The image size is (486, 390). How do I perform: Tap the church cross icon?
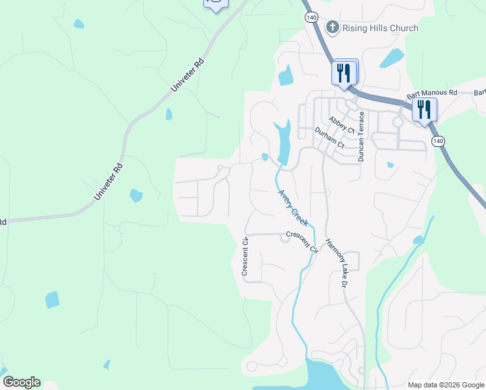(x=333, y=27)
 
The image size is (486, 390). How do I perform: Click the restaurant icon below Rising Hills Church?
(x=344, y=71)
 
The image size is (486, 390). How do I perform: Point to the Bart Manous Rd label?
(x=432, y=94)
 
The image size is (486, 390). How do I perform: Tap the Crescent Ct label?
(x=246, y=257)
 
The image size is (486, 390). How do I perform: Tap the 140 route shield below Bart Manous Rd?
(x=438, y=141)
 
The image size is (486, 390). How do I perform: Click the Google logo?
(x=21, y=382)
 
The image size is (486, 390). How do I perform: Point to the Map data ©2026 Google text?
(x=445, y=385)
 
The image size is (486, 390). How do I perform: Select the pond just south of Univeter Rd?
(x=136, y=195)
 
